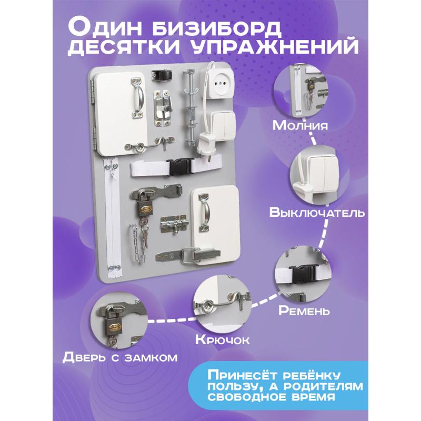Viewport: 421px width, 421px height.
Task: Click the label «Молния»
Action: click(x=300, y=125)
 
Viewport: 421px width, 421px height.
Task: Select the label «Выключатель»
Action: click(x=317, y=212)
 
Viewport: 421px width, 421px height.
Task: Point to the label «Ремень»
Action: click(x=304, y=310)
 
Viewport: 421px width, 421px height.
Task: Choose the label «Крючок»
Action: click(x=222, y=339)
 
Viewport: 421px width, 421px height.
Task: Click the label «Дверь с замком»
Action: click(x=120, y=357)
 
